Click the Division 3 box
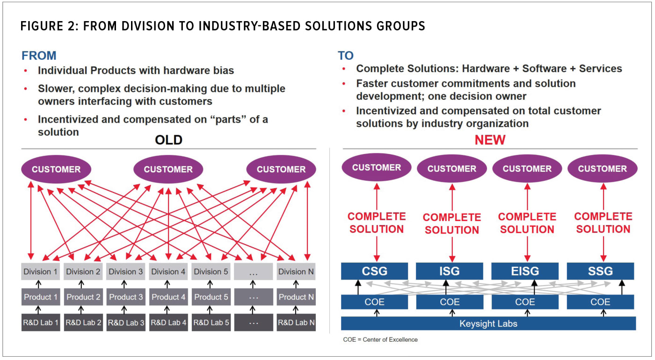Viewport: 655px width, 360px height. (x=126, y=272)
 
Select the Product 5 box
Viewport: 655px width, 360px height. (x=211, y=297)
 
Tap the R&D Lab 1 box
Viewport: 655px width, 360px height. (x=41, y=323)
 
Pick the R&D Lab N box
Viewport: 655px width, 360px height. (x=296, y=323)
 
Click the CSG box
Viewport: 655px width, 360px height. (x=374, y=271)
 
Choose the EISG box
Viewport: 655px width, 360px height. (x=525, y=271)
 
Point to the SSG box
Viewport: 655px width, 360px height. (x=600, y=271)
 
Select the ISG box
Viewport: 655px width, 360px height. (x=450, y=271)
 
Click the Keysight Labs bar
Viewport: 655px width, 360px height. (x=488, y=323)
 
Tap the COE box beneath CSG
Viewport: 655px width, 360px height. (x=374, y=302)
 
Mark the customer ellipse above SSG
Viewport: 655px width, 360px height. (x=602, y=169)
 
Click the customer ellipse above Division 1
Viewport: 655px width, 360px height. (x=56, y=169)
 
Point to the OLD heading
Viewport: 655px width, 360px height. (x=168, y=140)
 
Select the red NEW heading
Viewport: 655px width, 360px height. (x=490, y=140)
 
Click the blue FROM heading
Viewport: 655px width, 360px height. (x=39, y=56)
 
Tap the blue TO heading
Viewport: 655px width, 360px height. (x=346, y=56)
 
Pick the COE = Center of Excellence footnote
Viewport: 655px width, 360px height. (x=380, y=339)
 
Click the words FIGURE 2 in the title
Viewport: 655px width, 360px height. (x=48, y=26)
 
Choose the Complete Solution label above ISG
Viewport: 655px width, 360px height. (x=452, y=224)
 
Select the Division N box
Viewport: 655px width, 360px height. (x=296, y=272)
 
